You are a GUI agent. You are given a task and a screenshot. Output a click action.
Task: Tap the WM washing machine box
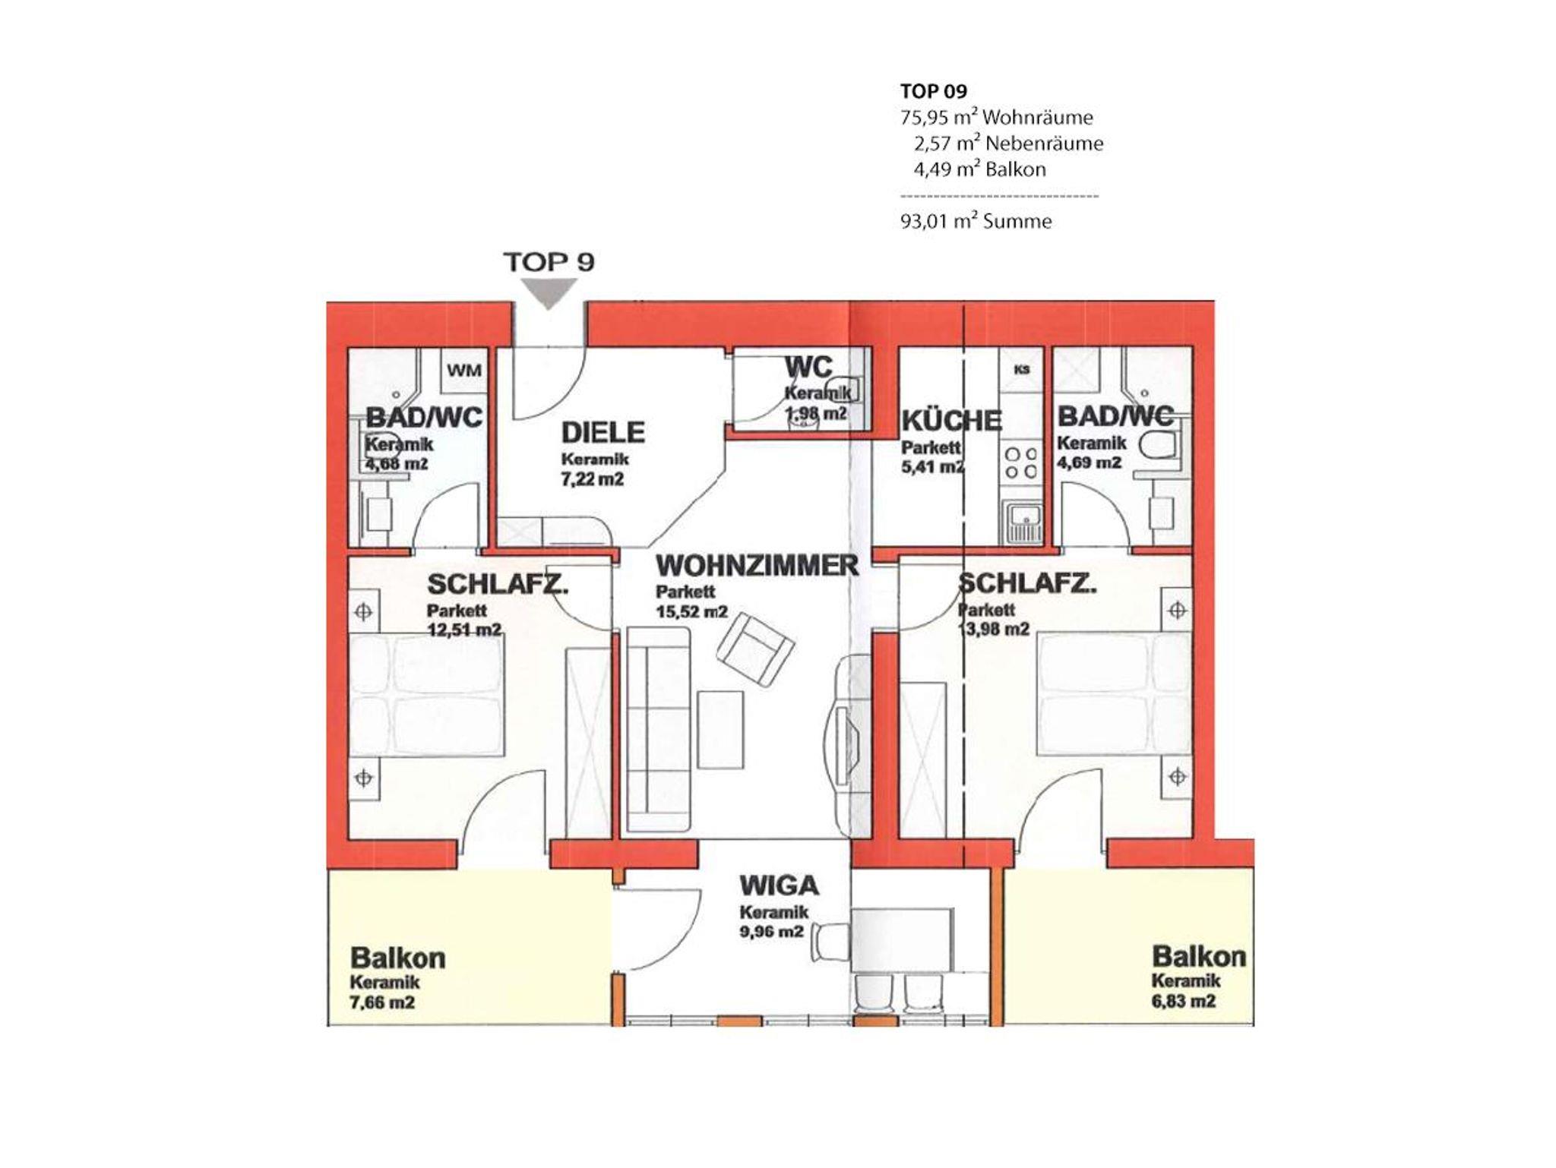coord(463,371)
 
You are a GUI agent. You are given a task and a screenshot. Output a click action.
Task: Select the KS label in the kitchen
coord(1021,370)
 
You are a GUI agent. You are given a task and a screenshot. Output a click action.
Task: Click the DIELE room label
coord(602,432)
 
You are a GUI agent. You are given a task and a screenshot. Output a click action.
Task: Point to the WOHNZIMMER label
coord(757,566)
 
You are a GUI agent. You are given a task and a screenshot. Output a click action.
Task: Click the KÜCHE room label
coord(951,420)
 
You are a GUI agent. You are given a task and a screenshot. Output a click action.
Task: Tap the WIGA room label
coord(779,885)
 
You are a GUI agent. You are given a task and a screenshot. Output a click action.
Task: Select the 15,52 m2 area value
coord(691,612)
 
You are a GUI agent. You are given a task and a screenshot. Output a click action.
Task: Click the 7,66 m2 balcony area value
coord(381,1002)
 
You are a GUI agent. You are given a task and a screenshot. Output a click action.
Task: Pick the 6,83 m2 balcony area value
coord(1183,1001)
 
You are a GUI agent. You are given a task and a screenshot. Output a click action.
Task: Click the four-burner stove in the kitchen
coord(1021,462)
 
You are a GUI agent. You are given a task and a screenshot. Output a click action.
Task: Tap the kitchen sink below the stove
coord(1022,524)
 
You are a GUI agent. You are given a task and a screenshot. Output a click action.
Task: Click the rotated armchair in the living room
coord(757,650)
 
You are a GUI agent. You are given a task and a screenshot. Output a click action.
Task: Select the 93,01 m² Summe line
coord(976,221)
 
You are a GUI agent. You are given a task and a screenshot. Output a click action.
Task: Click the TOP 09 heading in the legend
coord(934,91)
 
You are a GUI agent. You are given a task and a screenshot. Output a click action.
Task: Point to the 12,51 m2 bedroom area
coord(463,630)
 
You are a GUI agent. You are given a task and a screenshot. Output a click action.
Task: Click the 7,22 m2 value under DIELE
coord(593,479)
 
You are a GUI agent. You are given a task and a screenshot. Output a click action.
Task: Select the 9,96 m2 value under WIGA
coord(771,931)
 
